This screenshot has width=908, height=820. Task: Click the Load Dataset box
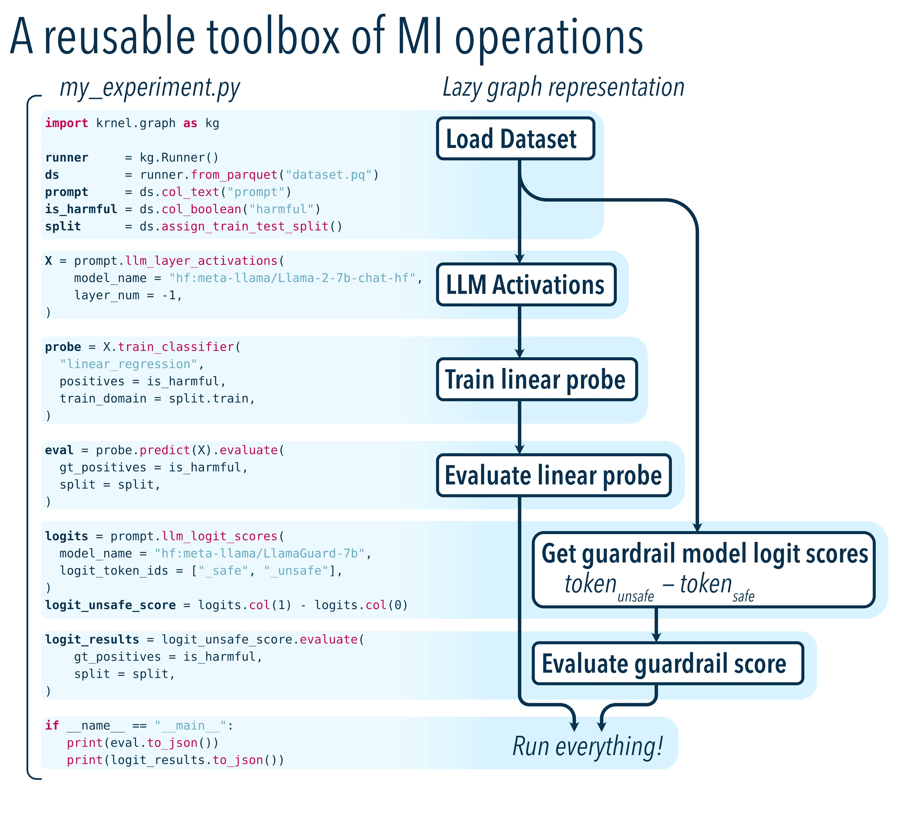click(515, 139)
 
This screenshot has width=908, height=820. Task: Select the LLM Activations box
click(526, 284)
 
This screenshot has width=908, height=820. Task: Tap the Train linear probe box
click(536, 379)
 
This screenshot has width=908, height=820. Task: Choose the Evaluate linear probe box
click(554, 475)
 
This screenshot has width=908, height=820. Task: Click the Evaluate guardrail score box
click(667, 663)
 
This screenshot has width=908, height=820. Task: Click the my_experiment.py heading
click(150, 87)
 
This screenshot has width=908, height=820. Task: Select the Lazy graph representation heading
click(563, 87)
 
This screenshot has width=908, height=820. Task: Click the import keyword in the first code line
click(66, 123)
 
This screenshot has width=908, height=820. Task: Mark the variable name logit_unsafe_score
click(110, 605)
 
